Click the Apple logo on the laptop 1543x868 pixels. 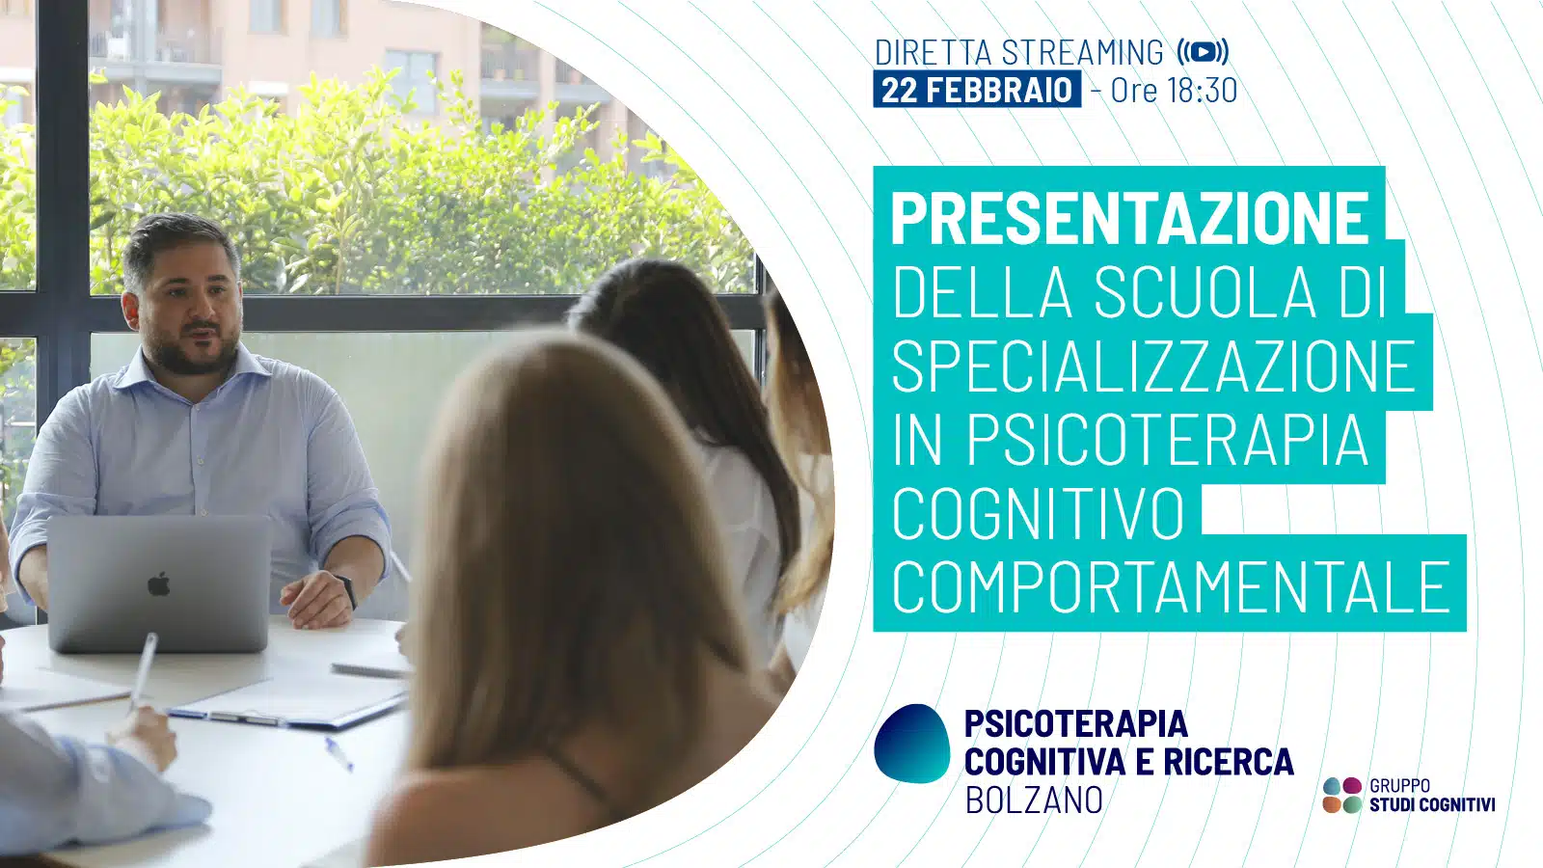tap(159, 584)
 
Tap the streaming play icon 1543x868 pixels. tap(1203, 52)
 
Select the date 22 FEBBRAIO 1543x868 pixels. tap(977, 90)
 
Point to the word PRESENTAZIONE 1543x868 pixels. tap(1130, 218)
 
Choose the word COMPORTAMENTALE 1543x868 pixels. tap(1172, 586)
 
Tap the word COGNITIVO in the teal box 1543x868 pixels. tap(1038, 512)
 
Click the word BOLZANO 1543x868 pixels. tap(1034, 800)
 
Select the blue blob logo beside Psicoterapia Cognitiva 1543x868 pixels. tap(912, 744)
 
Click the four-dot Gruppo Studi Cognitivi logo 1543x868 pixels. tap(1342, 795)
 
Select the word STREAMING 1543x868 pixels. tap(1082, 52)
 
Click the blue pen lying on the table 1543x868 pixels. tap(338, 754)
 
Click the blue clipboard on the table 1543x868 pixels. tap(289, 703)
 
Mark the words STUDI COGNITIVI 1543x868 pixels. tap(1432, 804)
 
